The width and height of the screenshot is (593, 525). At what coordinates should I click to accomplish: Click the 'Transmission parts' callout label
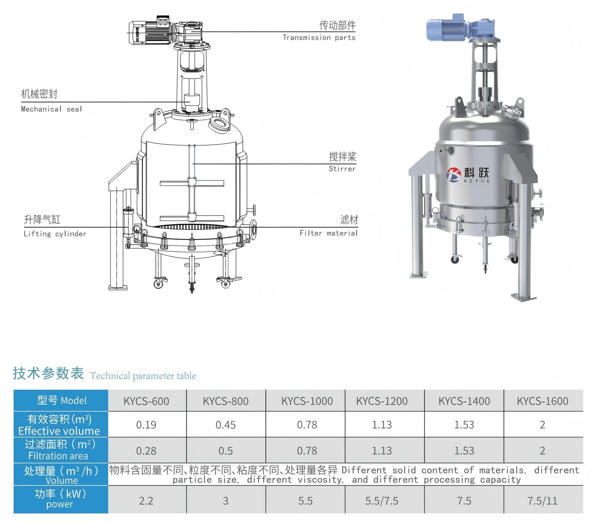319,37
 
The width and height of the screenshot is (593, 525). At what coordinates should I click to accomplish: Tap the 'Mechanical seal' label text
52,109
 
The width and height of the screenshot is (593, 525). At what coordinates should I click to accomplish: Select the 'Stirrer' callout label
342,168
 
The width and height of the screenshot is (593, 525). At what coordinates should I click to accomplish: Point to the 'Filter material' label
328,233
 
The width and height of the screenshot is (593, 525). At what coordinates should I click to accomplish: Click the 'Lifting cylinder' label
55,234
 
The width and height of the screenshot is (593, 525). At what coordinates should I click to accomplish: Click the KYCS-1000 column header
307,401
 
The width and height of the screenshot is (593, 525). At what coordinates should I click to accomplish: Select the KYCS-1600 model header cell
542,401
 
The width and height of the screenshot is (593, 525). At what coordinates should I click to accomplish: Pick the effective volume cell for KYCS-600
146,425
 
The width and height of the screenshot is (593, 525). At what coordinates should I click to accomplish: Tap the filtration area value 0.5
225,451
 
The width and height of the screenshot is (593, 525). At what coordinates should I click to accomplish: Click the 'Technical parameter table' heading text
143,376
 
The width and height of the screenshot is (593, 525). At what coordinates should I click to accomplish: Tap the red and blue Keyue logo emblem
453,175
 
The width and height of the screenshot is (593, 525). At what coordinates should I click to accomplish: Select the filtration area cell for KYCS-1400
464,451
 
